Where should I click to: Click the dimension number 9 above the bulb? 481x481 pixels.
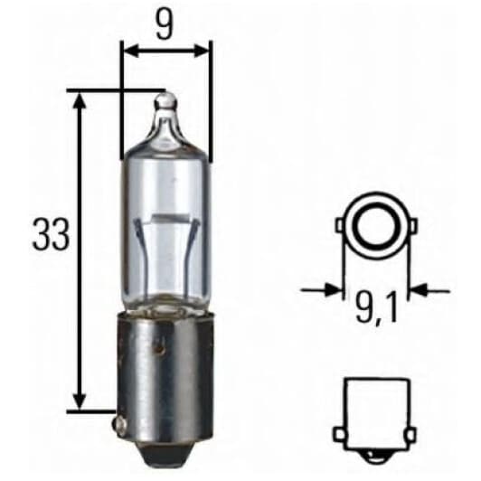point(164,24)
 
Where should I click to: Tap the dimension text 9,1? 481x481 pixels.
point(377,315)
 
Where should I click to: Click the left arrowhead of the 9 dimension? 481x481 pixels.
point(127,51)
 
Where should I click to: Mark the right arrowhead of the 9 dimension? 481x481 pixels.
point(203,51)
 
